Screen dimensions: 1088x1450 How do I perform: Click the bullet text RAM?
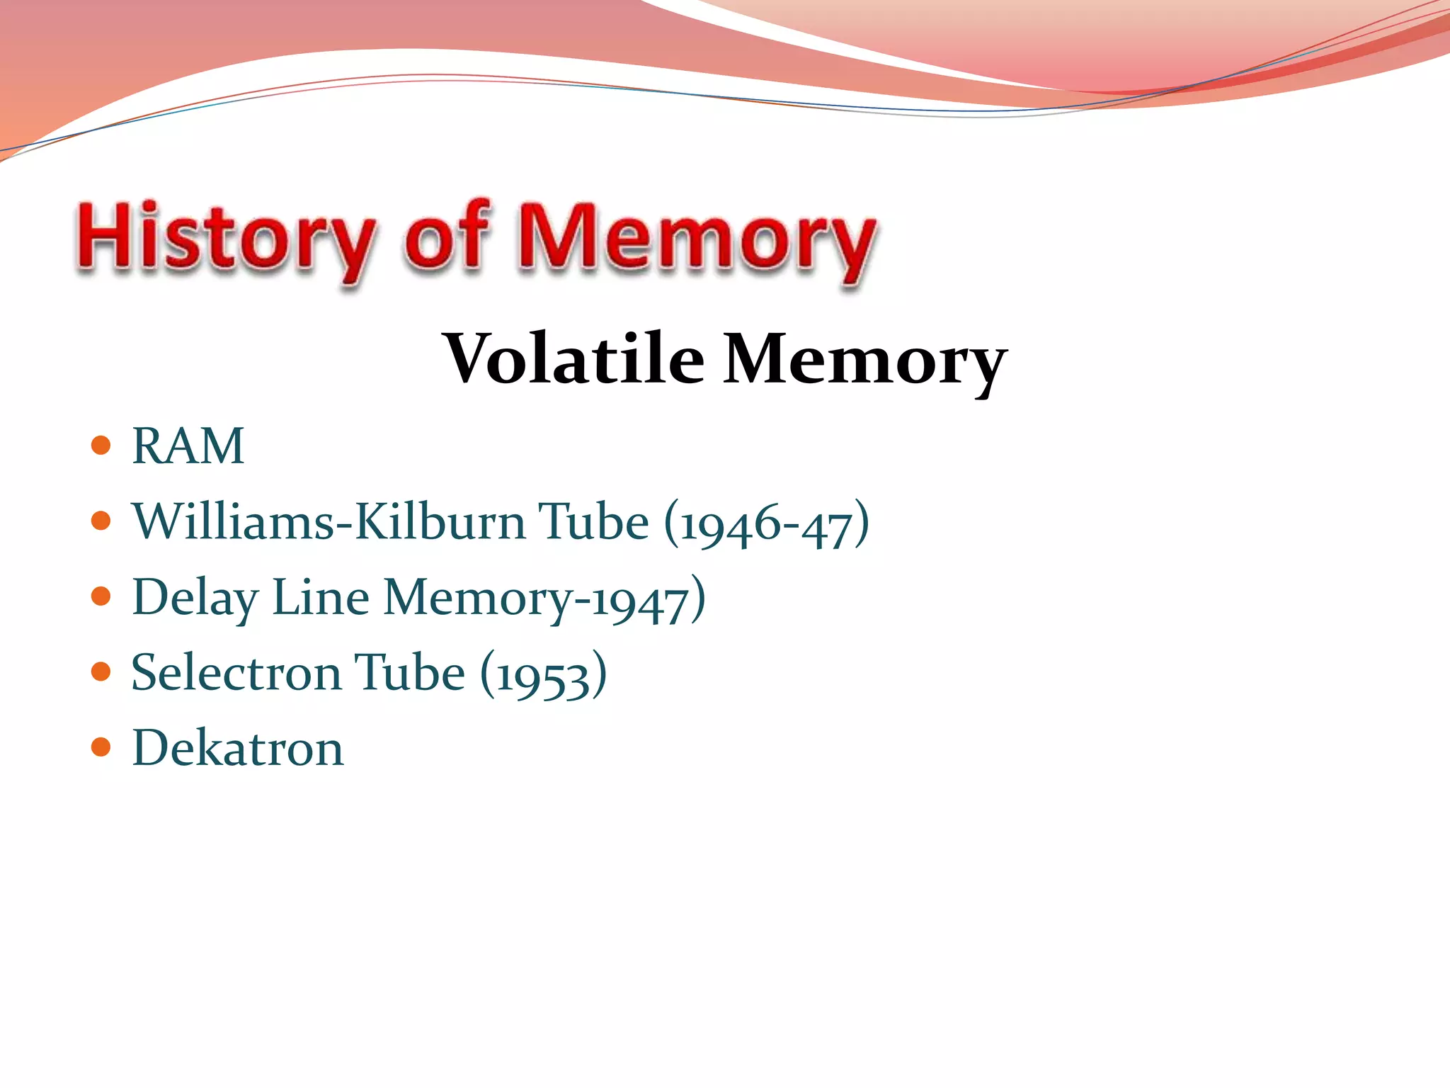188,446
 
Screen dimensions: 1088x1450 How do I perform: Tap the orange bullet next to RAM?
101,446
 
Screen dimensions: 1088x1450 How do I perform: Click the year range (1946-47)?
767,524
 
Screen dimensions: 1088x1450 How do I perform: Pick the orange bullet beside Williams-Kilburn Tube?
101,521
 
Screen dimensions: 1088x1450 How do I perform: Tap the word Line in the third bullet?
320,597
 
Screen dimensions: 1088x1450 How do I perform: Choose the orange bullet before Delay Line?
101,596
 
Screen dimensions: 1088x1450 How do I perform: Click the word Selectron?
236,672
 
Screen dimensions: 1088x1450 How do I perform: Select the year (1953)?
544,674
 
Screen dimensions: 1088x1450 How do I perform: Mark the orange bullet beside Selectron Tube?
101,671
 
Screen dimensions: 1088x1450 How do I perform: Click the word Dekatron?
238,748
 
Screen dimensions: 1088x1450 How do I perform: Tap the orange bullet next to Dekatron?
101,747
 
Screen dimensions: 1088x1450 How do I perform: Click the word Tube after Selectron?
409,672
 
